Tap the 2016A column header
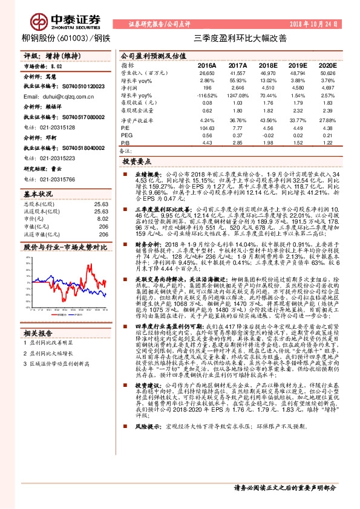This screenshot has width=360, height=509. (206, 65)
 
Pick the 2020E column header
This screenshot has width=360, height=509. (327, 65)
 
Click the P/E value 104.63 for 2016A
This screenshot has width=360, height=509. (206, 128)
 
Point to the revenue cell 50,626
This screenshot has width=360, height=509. (327, 73)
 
